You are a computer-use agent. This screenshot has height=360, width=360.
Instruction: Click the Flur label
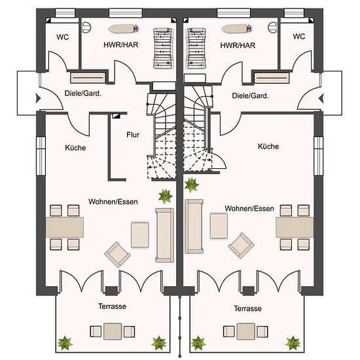[x=133, y=135]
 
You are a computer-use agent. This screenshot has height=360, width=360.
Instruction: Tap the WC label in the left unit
[x=62, y=37]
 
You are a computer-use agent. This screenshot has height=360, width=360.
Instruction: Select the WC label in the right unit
[x=299, y=36]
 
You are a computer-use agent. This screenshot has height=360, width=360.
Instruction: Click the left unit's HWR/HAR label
[x=121, y=45]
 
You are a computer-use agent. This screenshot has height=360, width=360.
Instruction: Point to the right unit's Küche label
[x=268, y=146]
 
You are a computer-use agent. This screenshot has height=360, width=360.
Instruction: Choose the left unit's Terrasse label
[x=113, y=306]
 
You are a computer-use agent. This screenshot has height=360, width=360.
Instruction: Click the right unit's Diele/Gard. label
[x=250, y=96]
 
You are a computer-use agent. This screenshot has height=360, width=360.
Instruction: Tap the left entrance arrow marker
[x=38, y=98]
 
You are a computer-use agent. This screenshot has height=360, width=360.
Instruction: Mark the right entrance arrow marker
[x=321, y=99]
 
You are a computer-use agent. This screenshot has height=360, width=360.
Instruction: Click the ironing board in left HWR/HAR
[x=123, y=28]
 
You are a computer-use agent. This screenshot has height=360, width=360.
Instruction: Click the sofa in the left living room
[x=164, y=235]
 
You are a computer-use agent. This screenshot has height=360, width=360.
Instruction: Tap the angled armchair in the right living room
[x=241, y=245]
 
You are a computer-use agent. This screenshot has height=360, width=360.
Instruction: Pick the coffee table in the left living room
[x=140, y=234]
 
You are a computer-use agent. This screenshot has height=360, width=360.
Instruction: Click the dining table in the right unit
[x=295, y=228]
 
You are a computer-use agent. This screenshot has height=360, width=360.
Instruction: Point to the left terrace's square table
[x=113, y=331]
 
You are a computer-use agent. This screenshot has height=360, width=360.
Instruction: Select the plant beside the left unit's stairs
[x=165, y=196]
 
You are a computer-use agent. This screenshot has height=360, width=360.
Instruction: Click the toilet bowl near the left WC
[x=86, y=27]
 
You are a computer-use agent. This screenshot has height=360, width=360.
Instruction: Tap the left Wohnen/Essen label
[x=113, y=202]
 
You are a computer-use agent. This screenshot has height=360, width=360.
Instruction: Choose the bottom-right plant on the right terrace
[x=293, y=343]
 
